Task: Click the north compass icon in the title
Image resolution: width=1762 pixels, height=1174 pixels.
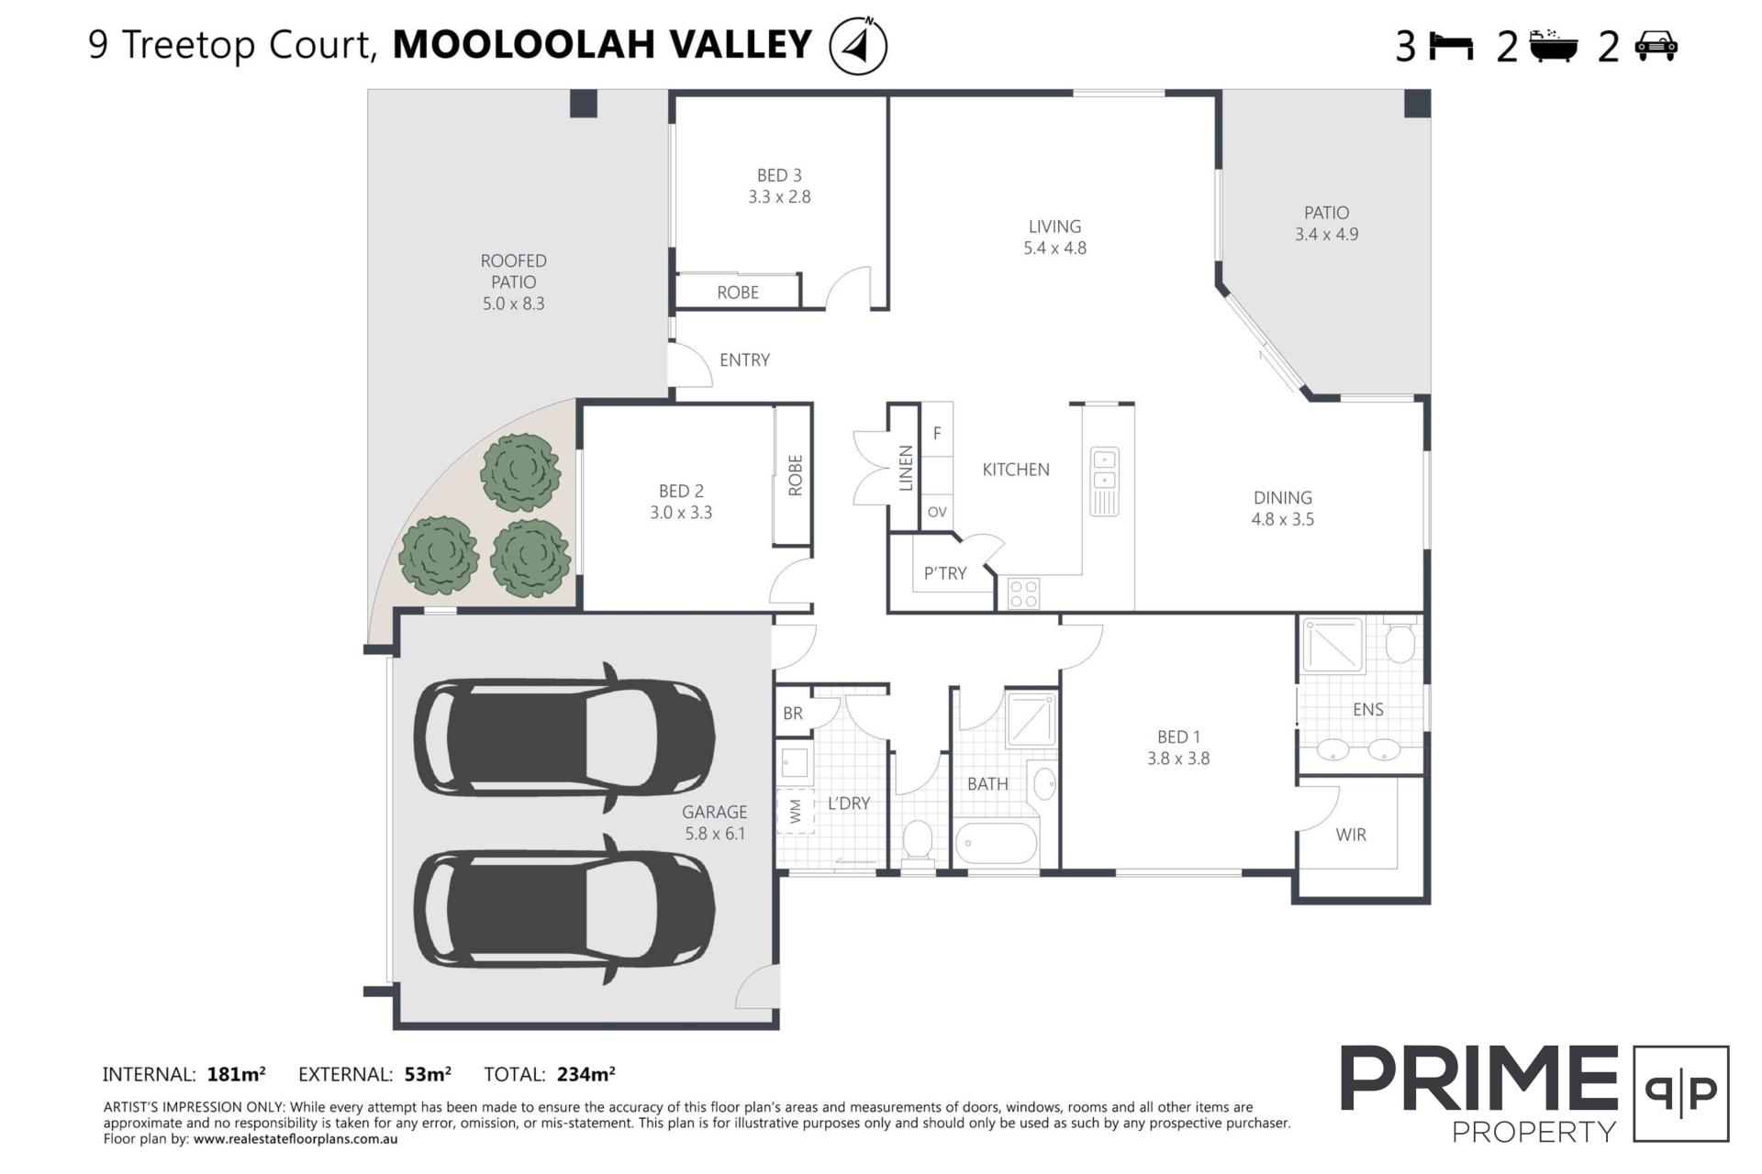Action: click(x=858, y=45)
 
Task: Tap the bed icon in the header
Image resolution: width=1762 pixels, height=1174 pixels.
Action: click(x=1451, y=46)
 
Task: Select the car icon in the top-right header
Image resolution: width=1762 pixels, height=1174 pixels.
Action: click(x=1656, y=46)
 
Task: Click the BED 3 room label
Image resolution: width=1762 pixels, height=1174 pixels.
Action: click(x=779, y=175)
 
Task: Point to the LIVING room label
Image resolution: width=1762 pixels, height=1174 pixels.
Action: click(x=1054, y=227)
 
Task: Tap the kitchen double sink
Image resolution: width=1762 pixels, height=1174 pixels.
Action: click(x=1104, y=482)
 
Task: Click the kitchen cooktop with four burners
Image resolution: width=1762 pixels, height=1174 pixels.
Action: click(x=1023, y=593)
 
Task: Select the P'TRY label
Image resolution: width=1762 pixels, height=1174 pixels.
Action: click(x=945, y=573)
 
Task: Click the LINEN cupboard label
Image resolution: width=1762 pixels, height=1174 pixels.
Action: click(x=906, y=468)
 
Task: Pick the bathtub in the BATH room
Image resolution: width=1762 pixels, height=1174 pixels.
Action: click(x=996, y=843)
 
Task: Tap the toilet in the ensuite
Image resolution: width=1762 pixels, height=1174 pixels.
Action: click(x=1400, y=641)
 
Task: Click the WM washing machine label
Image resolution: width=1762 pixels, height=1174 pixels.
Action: click(x=795, y=811)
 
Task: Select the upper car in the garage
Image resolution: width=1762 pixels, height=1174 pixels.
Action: click(x=564, y=738)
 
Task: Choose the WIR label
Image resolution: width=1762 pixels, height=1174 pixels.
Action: click(x=1351, y=835)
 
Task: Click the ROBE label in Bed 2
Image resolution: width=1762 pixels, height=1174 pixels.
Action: click(x=795, y=475)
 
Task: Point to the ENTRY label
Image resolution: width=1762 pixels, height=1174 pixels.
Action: click(x=744, y=360)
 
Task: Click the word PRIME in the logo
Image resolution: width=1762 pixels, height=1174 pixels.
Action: click(x=1479, y=1080)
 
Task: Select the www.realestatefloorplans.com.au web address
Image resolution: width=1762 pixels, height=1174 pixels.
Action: click(x=296, y=1139)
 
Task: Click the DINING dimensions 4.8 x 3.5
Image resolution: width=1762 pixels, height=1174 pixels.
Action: click(x=1283, y=519)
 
